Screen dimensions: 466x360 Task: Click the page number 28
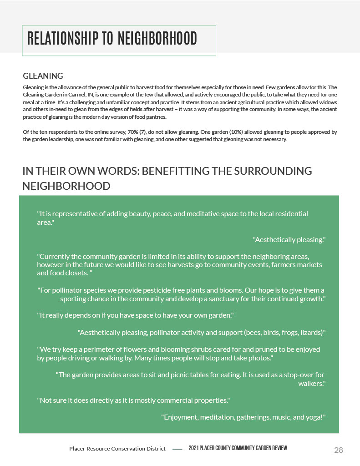click(x=338, y=450)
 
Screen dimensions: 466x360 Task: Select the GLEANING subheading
click(x=43, y=76)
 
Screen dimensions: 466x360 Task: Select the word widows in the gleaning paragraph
click(x=328, y=102)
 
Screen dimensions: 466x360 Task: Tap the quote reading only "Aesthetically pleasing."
click(x=289, y=239)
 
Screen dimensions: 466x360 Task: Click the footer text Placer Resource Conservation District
click(x=117, y=449)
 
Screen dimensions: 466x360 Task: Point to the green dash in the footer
click(x=177, y=449)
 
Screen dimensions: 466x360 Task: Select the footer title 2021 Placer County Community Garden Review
click(x=238, y=449)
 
